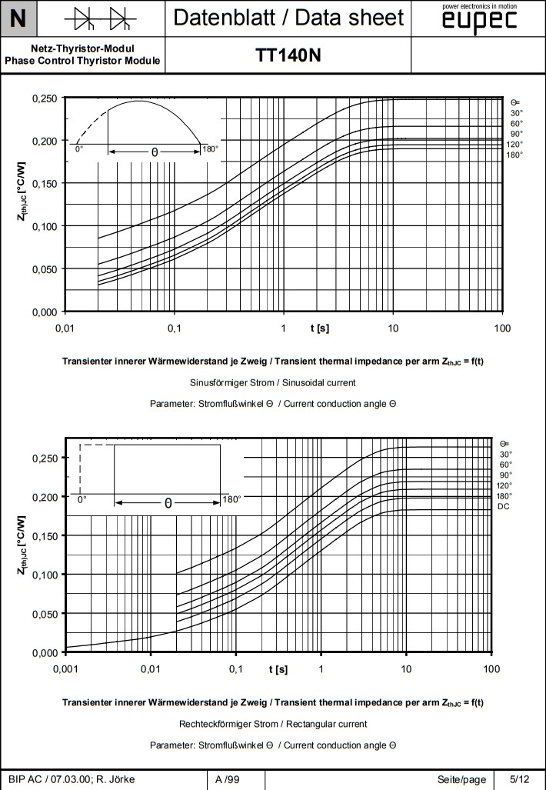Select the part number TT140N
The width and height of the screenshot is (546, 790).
(288, 56)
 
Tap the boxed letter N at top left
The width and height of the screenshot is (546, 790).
(18, 18)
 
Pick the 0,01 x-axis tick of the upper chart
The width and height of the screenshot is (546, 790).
(65, 328)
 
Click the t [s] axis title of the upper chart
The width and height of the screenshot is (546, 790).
(319, 328)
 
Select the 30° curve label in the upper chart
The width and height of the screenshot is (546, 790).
(517, 112)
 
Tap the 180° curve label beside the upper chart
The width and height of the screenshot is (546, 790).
(514, 155)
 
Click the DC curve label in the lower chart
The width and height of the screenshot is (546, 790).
(504, 506)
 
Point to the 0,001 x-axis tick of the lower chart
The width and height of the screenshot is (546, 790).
(66, 668)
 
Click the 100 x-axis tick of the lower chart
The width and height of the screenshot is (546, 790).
(491, 668)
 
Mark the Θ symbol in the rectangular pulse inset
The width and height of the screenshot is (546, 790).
(168, 504)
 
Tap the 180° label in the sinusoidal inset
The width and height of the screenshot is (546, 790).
(209, 148)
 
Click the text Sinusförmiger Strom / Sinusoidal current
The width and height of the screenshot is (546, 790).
(272, 382)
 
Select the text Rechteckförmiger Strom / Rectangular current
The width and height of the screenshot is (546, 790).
(273, 724)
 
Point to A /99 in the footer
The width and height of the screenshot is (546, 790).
(227, 779)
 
